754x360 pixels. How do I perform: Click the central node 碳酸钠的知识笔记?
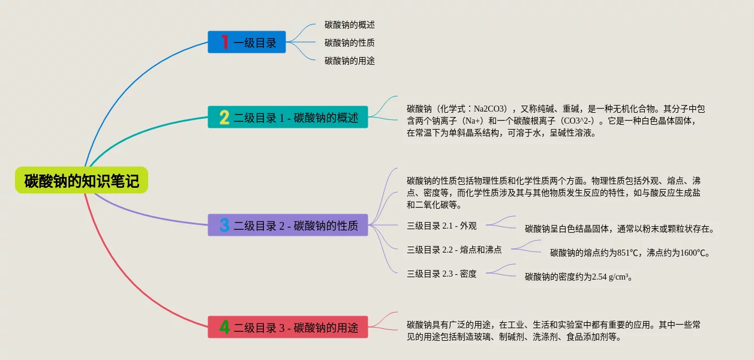click(82, 180)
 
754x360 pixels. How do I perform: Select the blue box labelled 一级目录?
click(247, 42)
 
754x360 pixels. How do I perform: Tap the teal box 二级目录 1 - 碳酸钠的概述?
click(288, 117)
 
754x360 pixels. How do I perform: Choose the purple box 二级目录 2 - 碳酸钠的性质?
click(288, 225)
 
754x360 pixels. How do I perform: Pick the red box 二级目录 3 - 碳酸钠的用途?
click(288, 327)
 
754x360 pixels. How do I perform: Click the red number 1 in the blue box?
click(224, 42)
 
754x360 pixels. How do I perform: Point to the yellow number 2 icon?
click(224, 117)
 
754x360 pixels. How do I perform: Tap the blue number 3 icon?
click(224, 225)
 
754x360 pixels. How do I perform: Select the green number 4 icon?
click(224, 327)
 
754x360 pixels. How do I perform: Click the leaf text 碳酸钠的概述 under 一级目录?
click(350, 25)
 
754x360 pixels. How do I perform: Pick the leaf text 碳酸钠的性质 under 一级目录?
click(350, 43)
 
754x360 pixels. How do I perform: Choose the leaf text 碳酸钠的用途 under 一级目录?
click(350, 61)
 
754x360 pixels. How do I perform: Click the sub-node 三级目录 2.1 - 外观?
click(441, 226)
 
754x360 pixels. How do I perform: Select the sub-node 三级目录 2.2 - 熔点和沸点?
click(454, 250)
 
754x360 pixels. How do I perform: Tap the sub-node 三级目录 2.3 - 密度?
click(441, 274)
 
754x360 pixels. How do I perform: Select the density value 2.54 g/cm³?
click(612, 277)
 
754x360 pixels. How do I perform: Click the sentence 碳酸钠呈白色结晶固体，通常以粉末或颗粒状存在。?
click(620, 229)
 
